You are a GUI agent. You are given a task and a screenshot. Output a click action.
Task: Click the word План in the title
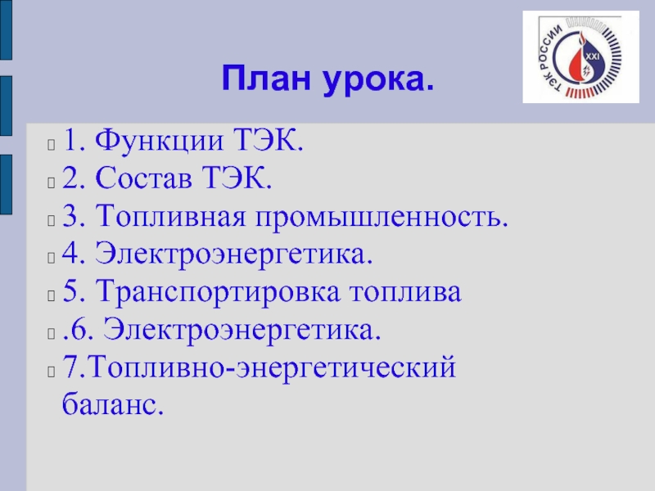click(266, 78)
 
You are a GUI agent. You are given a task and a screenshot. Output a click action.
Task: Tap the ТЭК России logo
click(580, 56)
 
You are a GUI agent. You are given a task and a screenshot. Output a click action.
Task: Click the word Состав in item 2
click(144, 178)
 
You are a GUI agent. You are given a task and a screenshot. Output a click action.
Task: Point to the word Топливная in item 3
click(170, 216)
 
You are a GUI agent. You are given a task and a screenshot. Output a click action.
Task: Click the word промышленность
click(382, 217)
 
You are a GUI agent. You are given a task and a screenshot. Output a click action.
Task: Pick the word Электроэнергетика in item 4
click(234, 254)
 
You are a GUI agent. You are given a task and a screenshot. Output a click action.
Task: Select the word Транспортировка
click(218, 292)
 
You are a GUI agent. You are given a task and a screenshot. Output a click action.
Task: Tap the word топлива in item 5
click(405, 292)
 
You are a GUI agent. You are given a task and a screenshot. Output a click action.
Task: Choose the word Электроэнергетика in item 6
click(242, 330)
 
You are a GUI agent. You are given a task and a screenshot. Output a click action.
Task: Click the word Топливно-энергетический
click(272, 367)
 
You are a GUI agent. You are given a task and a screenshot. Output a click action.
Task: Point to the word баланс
click(113, 403)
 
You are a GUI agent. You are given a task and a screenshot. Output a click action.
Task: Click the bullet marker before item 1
click(51, 145)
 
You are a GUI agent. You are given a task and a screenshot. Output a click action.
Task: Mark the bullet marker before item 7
click(51, 372)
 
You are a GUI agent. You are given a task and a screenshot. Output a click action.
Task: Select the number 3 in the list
click(70, 216)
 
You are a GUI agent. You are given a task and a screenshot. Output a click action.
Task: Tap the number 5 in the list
click(70, 291)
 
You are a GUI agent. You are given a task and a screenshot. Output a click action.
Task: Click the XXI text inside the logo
click(592, 56)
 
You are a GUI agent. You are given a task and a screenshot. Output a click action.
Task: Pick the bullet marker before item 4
click(51, 258)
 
